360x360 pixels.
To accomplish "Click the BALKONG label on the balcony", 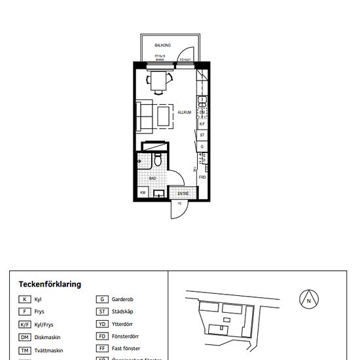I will [162, 46].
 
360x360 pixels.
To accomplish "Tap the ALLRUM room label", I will [184, 112].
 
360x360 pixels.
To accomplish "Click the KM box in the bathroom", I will [143, 193].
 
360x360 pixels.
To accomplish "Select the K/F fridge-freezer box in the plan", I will [202, 124].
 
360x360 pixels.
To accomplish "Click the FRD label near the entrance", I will [202, 177].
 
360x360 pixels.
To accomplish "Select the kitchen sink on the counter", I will [203, 101].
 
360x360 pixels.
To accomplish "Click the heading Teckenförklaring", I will [50, 284].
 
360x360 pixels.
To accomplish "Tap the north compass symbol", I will [308, 300].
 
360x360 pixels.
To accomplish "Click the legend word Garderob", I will [123, 299].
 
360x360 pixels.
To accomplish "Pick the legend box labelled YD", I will [101, 324].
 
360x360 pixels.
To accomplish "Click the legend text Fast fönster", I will [126, 349].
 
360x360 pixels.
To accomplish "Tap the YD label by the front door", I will [179, 203].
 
